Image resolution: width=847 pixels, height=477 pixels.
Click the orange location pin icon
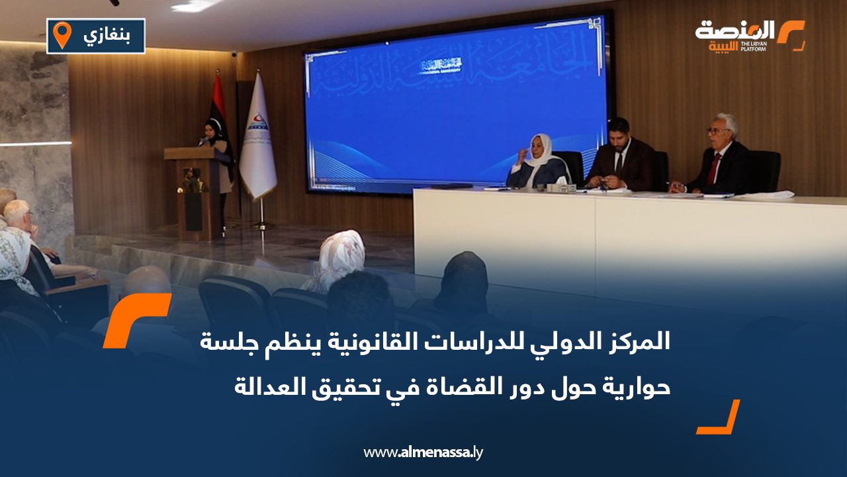pyautogui.click(x=62, y=34)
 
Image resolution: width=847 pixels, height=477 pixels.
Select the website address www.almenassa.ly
pyautogui.click(x=424, y=452)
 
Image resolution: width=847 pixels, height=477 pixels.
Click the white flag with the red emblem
pyautogui.click(x=257, y=142)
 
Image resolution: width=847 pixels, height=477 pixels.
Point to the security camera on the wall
pyautogui.click(x=234, y=53)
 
